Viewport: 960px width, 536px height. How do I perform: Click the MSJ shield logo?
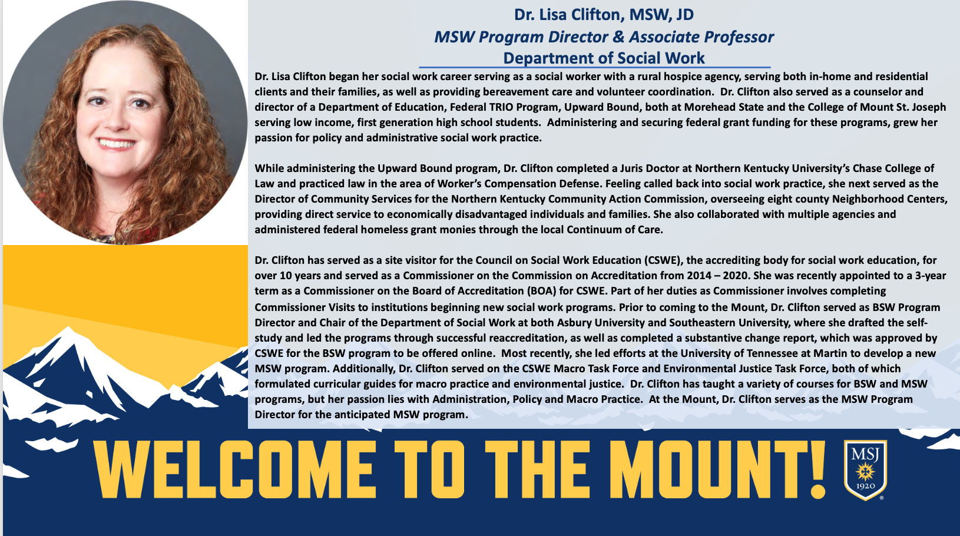point(865,469)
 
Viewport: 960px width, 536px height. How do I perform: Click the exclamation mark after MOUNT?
point(818,469)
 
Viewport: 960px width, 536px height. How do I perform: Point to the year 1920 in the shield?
point(865,487)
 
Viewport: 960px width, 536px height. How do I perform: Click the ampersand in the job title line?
point(618,37)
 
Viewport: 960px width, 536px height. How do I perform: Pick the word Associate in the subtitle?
point(664,37)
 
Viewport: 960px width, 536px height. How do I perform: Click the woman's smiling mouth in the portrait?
point(116,143)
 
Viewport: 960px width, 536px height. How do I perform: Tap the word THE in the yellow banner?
point(537,469)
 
